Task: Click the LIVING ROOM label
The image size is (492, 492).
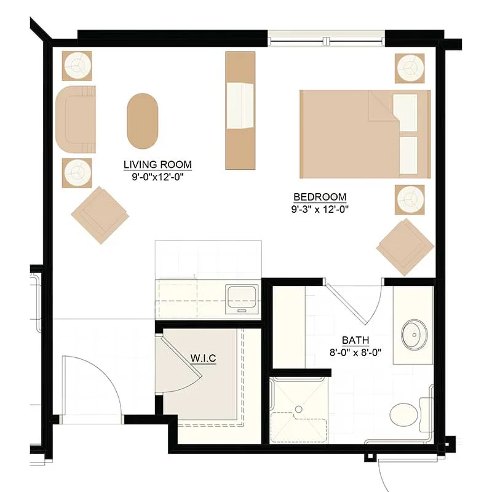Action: click(x=157, y=164)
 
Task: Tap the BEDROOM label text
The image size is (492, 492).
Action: click(x=320, y=197)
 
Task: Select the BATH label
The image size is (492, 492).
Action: click(x=355, y=340)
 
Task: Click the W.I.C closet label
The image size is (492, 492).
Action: click(x=204, y=358)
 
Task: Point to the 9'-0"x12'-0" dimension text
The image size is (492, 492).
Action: click(x=157, y=177)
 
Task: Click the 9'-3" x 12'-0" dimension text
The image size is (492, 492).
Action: click(x=320, y=209)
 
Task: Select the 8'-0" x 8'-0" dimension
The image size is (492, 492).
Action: click(x=355, y=352)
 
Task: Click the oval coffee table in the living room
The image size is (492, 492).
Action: click(x=143, y=121)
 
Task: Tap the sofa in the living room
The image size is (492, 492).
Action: click(x=76, y=119)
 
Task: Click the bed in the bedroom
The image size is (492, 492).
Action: click(x=365, y=134)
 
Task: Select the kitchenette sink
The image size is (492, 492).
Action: click(x=242, y=299)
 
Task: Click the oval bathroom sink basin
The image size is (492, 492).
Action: click(x=415, y=335)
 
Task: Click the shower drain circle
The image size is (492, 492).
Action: click(x=299, y=409)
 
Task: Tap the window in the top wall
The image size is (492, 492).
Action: click(x=327, y=39)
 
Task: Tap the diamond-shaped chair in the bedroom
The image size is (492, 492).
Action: click(x=405, y=247)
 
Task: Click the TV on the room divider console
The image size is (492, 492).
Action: click(x=240, y=106)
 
